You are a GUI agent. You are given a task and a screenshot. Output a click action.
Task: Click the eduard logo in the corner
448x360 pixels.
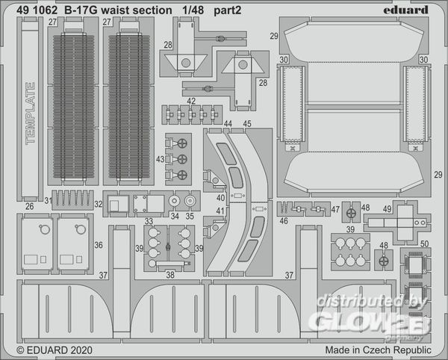click(405, 10)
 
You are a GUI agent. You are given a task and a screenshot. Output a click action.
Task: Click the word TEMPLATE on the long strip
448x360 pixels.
click(31, 114)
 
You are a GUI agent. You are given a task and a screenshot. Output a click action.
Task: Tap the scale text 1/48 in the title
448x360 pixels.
click(193, 10)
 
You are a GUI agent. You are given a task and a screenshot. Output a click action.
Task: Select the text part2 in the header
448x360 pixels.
click(228, 11)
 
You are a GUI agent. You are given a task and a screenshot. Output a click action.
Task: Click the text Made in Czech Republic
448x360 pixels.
click(378, 350)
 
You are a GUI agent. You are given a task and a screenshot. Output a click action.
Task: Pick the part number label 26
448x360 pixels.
click(30, 206)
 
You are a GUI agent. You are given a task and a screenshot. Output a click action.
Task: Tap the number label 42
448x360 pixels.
click(191, 101)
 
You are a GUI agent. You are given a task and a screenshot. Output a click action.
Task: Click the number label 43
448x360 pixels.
click(161, 159)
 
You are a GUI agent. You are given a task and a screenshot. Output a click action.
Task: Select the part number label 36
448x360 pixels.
click(99, 245)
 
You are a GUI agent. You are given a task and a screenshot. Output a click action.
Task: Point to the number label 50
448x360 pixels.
click(425, 243)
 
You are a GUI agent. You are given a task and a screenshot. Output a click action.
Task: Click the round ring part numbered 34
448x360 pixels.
click(174, 201)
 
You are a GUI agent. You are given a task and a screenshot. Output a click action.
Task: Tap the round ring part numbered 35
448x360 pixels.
click(190, 201)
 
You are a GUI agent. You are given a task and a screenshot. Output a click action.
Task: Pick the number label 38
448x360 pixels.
click(170, 275)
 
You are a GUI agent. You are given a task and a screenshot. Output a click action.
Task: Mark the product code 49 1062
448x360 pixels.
click(37, 10)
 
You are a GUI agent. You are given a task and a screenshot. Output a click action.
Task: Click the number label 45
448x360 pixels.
click(247, 124)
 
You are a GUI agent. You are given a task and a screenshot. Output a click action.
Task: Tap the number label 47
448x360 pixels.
click(335, 209)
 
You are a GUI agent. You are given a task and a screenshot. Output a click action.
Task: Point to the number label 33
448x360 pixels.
click(149, 221)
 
